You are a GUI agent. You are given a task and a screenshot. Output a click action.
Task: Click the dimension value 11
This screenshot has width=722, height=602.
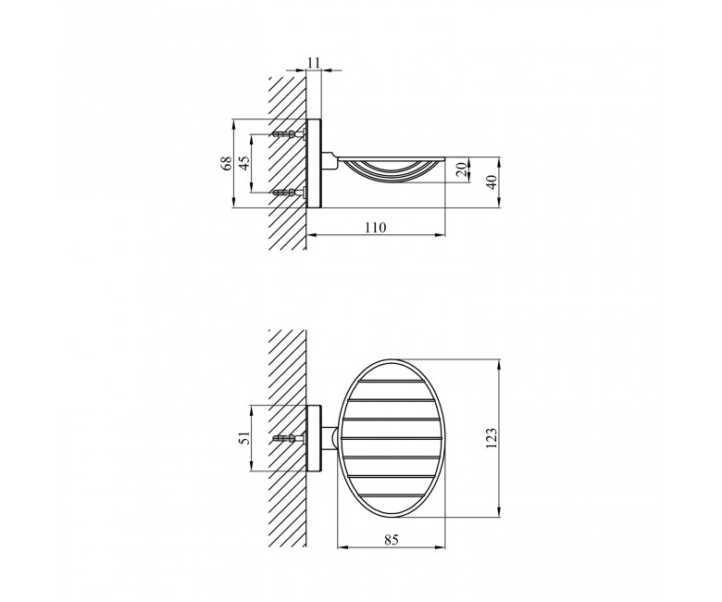click(x=314, y=62)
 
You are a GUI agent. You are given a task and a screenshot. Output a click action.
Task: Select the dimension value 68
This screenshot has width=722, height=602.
click(x=227, y=164)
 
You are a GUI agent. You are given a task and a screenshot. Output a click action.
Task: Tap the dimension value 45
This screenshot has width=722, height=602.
click(x=244, y=163)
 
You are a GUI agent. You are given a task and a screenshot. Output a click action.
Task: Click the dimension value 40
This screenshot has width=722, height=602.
click(x=492, y=182)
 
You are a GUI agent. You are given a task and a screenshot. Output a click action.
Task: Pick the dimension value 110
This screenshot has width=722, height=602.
click(x=375, y=227)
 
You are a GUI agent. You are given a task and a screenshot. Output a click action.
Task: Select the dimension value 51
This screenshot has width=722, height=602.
click(x=244, y=437)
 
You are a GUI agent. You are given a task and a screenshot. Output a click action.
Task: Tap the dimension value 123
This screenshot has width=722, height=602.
click(x=492, y=437)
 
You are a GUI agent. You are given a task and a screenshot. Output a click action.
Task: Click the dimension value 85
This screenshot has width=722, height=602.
click(x=391, y=540)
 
